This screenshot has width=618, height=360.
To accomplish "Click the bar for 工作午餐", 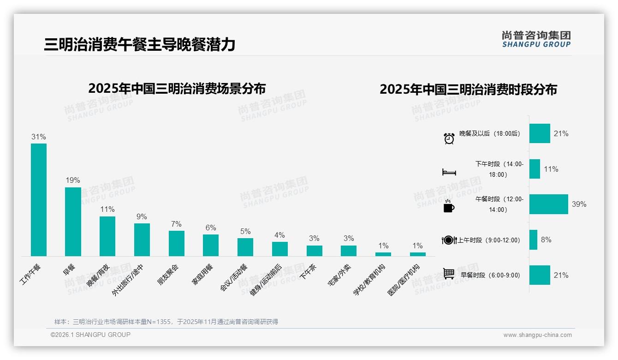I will pos(39,199).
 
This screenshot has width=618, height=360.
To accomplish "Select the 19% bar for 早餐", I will pos(73,222).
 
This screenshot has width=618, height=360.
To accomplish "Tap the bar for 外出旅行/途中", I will pos(142,240).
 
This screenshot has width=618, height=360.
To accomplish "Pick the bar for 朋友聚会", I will pos(177,243).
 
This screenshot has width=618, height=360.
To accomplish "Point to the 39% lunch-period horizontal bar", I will pos(548,204).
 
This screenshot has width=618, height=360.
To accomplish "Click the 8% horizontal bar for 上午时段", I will pos(533,240).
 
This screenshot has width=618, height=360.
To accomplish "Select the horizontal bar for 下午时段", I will pos(535,169).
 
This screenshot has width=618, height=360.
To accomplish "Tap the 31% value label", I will pos(39,137).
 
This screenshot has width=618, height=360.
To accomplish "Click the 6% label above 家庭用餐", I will pos(211,228).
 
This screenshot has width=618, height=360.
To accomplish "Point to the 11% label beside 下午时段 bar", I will pos(551,169).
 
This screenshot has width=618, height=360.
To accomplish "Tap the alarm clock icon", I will pos(449,138).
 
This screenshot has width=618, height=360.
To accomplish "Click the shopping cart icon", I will pos(449,274).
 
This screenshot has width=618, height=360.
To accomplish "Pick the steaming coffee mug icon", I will pos(448,206).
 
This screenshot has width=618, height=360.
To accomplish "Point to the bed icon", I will pos(449,172).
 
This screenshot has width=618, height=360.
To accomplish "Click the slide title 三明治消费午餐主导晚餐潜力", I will pos(140,44).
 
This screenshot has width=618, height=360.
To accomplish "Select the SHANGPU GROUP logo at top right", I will pos(536,39).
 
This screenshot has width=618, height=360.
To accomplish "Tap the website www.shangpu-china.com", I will pos(537,335).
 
